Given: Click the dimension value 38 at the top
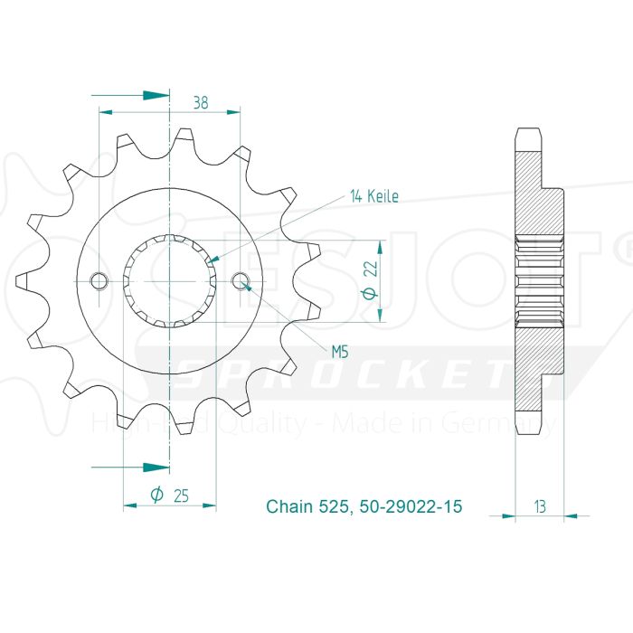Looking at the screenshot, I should tap(200, 102).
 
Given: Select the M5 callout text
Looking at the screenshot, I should tap(339, 352).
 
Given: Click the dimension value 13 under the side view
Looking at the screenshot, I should tap(539, 507).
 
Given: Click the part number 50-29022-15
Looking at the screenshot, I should tap(409, 507).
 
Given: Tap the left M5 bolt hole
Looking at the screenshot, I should tap(99, 281).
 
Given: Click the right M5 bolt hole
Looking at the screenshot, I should tap(241, 281).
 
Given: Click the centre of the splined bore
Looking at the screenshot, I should tap(170, 281).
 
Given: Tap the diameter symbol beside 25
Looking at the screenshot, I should tap(156, 495).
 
